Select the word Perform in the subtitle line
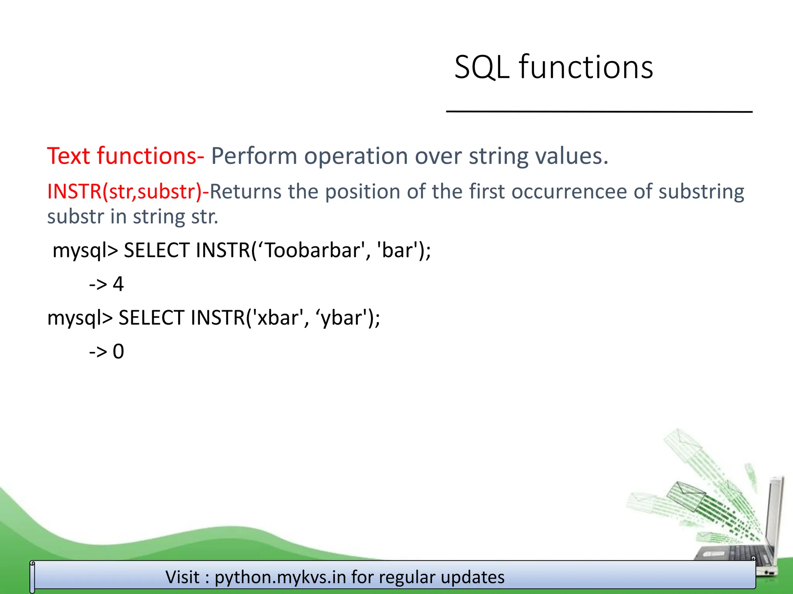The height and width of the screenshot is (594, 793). pyautogui.click(x=254, y=156)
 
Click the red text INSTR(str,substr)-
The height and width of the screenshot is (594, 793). pyautogui.click(x=128, y=191)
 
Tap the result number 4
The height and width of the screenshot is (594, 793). pyautogui.click(x=118, y=284)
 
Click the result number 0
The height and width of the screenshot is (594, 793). pyautogui.click(x=118, y=352)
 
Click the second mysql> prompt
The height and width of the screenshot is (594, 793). pyautogui.click(x=80, y=318)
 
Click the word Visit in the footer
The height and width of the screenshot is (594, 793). pyautogui.click(x=182, y=577)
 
